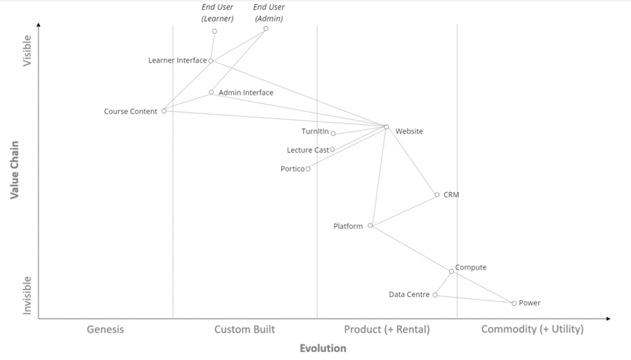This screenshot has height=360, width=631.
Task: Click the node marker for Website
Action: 387,127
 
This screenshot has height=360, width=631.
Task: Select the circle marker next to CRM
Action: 437,194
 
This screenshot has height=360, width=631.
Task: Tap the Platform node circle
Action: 370,225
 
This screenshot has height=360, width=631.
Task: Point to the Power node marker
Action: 514,303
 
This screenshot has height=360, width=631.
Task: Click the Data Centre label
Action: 409,295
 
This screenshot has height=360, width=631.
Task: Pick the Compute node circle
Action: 452,271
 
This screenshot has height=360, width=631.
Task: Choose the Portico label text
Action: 292,169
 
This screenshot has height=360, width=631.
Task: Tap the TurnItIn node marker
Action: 333,133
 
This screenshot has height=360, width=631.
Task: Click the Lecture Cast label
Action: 307,150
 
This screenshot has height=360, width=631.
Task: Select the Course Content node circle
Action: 164,111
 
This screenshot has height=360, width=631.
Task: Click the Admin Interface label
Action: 246,93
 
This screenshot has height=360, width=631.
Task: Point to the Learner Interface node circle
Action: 211,60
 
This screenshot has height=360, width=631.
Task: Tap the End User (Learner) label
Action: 218,13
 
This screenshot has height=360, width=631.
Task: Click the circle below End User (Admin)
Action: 266,28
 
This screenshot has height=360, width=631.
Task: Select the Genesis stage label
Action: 105,330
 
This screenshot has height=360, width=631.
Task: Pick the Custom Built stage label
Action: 244,330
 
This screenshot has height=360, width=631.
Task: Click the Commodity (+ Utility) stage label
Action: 532,330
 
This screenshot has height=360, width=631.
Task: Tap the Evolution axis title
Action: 323,349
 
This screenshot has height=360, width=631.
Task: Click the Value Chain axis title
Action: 14,170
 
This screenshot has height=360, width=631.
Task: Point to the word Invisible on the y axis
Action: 27,295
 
